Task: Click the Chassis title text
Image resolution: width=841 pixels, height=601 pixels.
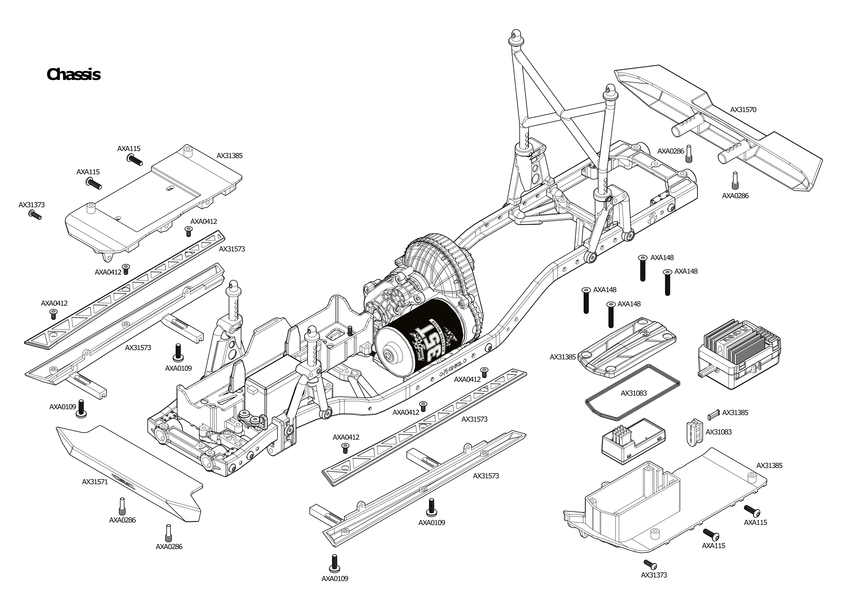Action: pos(74,74)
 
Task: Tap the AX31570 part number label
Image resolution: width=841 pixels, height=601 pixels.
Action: pos(743,110)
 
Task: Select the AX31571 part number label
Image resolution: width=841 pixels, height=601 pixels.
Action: pos(95,482)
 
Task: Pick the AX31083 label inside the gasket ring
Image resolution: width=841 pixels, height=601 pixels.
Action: pos(634,393)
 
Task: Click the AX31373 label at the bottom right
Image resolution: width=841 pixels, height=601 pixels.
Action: pos(654,575)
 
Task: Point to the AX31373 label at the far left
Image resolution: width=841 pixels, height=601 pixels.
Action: pos(32,205)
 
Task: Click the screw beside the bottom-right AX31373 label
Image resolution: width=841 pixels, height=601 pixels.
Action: pos(650,564)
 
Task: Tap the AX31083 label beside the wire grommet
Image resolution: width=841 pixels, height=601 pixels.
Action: pos(718,432)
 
